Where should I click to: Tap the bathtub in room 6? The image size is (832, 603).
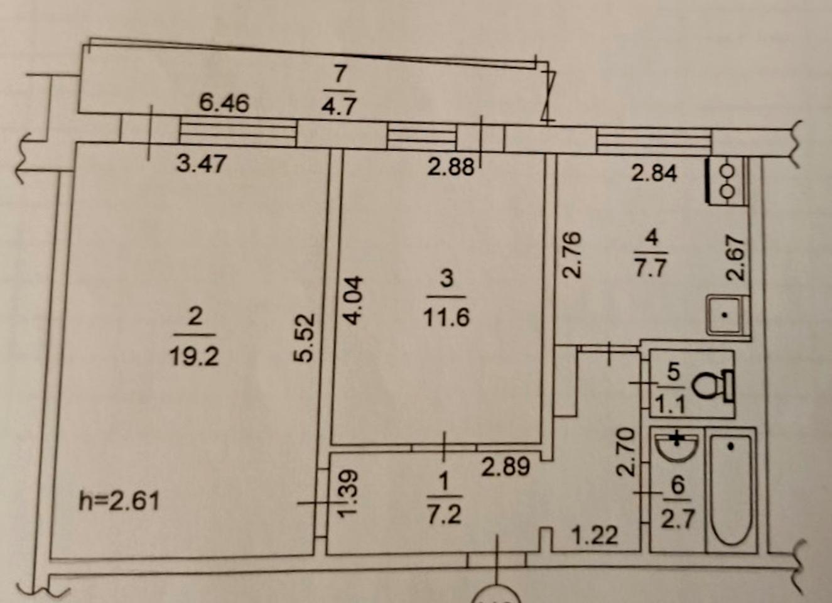click(x=730, y=490)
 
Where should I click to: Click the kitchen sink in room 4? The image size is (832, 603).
click(x=727, y=315)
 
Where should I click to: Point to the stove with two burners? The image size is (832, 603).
click(x=727, y=181)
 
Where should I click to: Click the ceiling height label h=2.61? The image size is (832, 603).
click(x=119, y=501)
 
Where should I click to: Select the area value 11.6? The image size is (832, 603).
click(x=446, y=317)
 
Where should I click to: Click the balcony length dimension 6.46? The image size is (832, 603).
click(x=224, y=102)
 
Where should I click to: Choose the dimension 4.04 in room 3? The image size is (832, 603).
click(x=354, y=300)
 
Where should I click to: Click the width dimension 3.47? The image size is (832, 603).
click(x=201, y=164)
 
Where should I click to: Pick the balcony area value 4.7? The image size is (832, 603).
click(x=338, y=105)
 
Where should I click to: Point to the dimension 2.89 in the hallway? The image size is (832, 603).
click(x=505, y=466)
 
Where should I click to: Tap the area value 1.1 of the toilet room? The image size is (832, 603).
click(x=670, y=405)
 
